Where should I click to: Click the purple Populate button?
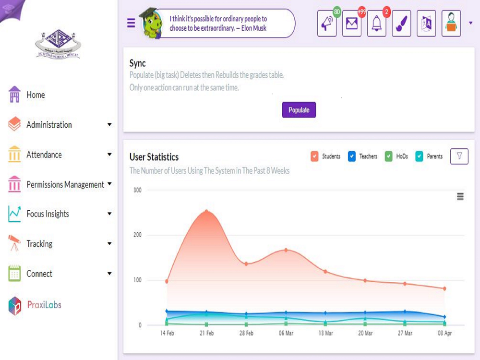pos(299,110)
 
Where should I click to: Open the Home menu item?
pos(36,95)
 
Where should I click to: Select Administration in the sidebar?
pos(49,125)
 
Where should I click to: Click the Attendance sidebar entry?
pos(44,155)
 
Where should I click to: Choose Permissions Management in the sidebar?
pos(65,185)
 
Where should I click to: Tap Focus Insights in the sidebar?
pos(48,214)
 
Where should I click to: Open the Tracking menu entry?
pos(39,244)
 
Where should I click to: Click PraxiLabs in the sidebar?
pos(44,305)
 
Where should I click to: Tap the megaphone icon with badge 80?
pos(327,24)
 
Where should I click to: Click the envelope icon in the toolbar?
pos(352,24)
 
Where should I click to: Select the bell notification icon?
pos(377,24)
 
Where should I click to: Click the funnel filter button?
pos(459,156)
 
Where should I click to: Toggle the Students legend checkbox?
pos(314,156)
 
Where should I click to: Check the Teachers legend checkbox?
pos(351,156)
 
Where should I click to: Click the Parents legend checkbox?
pos(419,156)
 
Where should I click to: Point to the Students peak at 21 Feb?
pos(207,211)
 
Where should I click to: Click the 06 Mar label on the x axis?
pos(286,333)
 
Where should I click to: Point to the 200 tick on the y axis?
pos(137,235)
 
